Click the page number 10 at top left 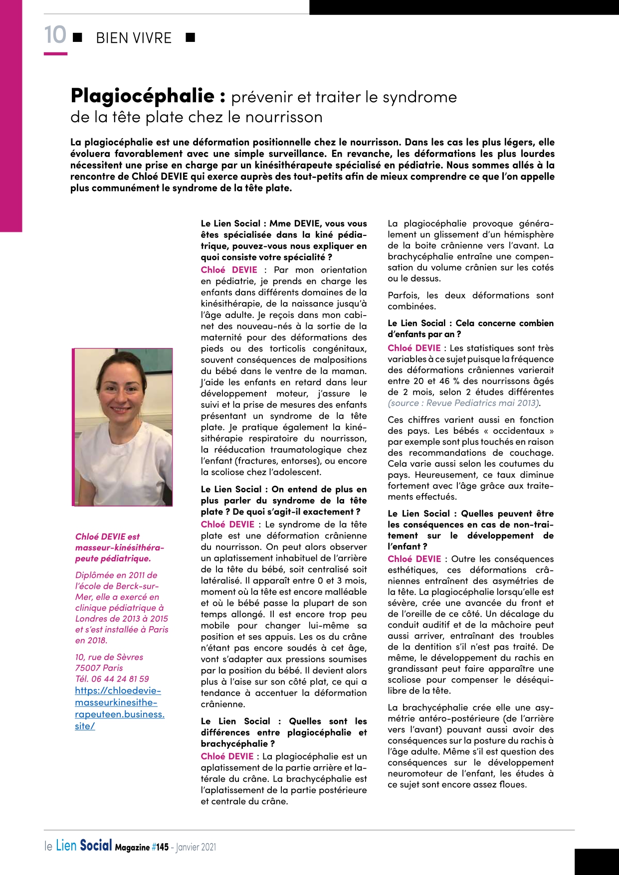(55, 35)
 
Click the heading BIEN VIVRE (133, 38)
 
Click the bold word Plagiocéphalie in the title (143, 95)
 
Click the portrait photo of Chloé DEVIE (123, 427)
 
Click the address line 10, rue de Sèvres (109, 657)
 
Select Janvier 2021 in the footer (196, 847)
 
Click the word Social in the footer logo (96, 846)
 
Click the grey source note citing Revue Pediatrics (463, 403)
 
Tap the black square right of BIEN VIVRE (190, 37)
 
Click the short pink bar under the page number (55, 53)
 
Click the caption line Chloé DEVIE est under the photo (108, 536)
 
